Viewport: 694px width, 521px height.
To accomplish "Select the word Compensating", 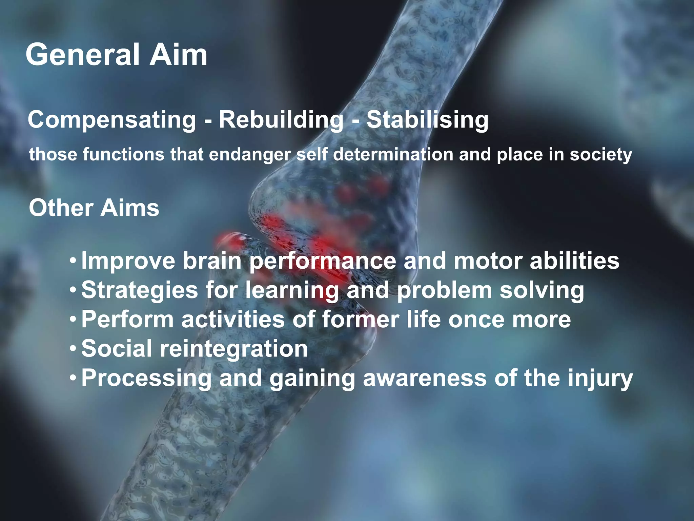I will tap(112, 120).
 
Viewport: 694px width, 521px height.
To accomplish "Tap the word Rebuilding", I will tap(281, 120).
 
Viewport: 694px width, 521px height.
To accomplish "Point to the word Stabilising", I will tap(427, 120).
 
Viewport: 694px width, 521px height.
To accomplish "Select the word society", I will tap(600, 155).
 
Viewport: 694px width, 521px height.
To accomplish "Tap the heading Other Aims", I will tap(94, 208).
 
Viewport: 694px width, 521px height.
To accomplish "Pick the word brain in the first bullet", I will tap(212, 260).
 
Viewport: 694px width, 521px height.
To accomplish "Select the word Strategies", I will tap(139, 290).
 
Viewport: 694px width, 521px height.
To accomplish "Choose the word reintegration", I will tap(233, 349).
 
